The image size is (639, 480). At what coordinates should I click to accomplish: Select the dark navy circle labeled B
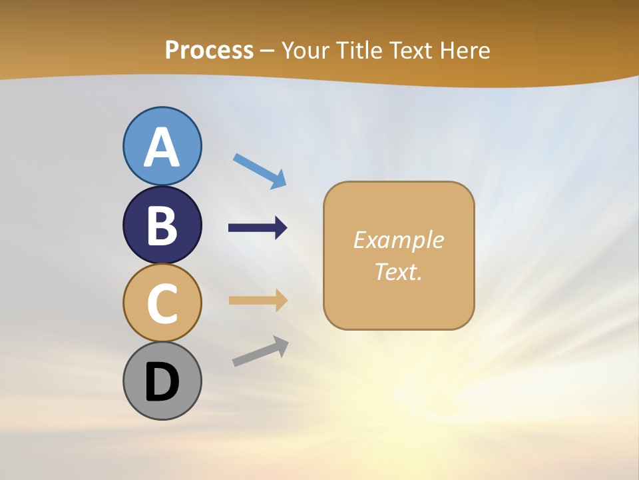162,225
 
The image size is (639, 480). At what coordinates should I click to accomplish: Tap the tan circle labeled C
162,303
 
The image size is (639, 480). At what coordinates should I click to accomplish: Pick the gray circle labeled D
162,381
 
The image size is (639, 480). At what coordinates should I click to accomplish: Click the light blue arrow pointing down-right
260,170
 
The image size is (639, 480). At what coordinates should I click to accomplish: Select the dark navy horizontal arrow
258,228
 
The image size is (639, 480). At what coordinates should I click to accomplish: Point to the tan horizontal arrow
258,300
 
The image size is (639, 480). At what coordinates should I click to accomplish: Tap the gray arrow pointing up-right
260,351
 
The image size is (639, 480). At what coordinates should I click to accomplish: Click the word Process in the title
209,51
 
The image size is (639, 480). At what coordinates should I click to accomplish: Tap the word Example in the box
398,240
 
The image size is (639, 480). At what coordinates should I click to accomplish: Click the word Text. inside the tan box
398,271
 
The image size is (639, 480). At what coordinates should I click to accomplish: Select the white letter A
162,147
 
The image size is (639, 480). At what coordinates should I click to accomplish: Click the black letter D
162,382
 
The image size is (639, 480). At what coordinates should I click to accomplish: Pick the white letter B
162,226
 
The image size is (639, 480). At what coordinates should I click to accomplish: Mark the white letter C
162,304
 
